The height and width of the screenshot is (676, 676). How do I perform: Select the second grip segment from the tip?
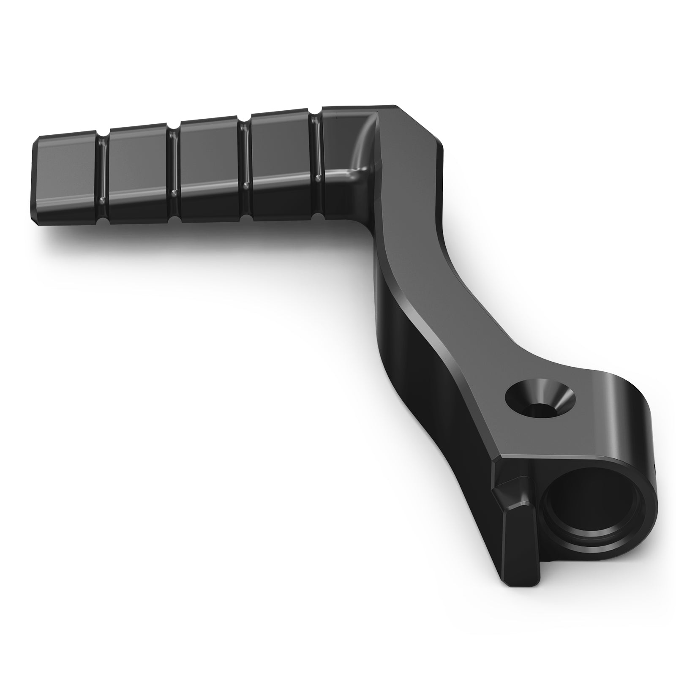138,173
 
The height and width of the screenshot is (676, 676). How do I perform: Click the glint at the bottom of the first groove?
101,199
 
